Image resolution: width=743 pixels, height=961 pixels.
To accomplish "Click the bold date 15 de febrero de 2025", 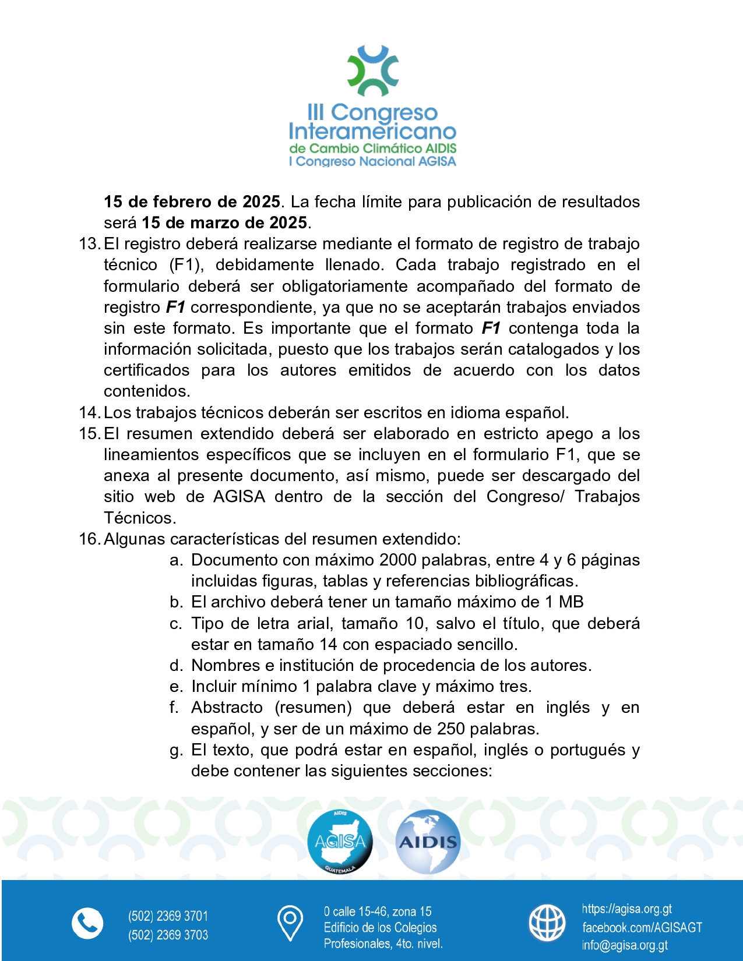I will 192,202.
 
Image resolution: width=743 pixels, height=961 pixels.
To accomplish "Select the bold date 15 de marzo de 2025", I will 224,222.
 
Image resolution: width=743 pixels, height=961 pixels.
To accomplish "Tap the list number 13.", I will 90,243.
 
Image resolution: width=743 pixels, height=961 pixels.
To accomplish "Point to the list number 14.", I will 90,412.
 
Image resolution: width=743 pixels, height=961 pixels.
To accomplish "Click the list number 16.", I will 90,539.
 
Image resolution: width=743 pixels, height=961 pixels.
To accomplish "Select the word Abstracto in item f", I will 227,707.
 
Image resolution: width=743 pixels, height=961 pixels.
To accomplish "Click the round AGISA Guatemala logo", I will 340,842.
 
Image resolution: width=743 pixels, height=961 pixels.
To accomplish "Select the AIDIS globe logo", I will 428,842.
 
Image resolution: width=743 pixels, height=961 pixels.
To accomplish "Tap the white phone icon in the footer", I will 87,923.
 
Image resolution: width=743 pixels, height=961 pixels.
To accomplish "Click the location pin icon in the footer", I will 290,923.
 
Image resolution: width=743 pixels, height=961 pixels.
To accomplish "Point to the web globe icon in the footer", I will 547,923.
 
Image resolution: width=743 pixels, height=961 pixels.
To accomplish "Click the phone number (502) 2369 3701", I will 168,916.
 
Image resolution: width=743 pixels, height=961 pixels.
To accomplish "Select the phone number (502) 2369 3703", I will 168,935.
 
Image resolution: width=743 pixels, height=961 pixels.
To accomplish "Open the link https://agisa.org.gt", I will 626,909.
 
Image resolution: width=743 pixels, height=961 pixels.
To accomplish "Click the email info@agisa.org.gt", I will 625,945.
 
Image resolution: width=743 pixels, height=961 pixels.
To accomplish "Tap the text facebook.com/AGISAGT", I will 642,927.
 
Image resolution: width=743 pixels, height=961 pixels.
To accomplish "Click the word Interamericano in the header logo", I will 372,131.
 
